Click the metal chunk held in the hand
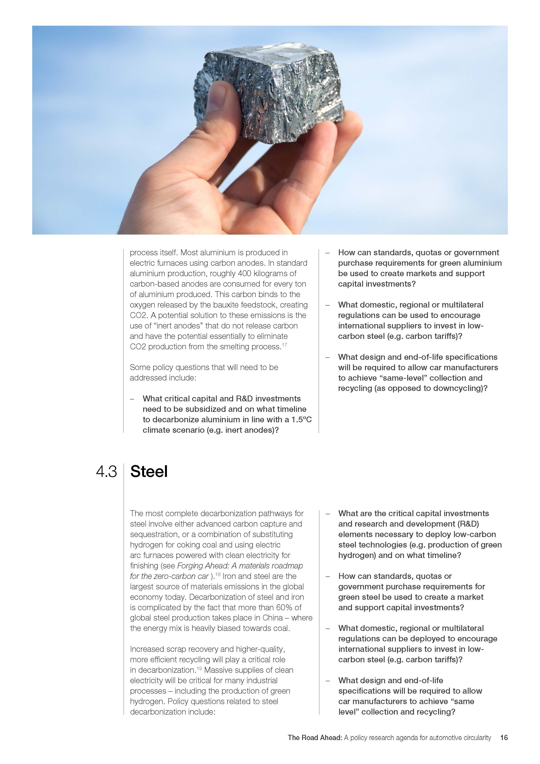pos(269,93)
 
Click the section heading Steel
pos(149,472)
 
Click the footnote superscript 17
pos(284,345)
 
